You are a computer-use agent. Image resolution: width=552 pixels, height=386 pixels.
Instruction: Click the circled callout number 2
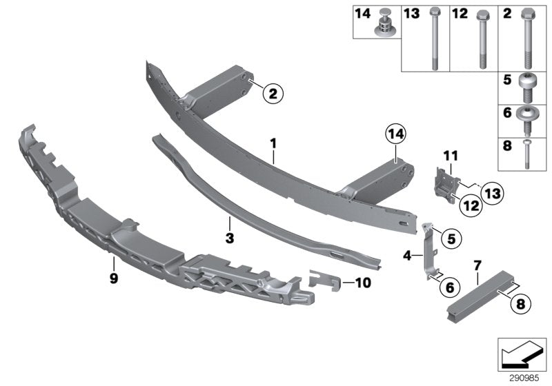point(272,95)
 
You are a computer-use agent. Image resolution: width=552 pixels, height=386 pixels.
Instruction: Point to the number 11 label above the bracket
point(450,159)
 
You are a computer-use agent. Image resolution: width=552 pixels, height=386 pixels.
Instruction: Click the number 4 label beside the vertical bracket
point(407,256)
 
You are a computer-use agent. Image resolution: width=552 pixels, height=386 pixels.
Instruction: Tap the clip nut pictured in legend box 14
point(384,25)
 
